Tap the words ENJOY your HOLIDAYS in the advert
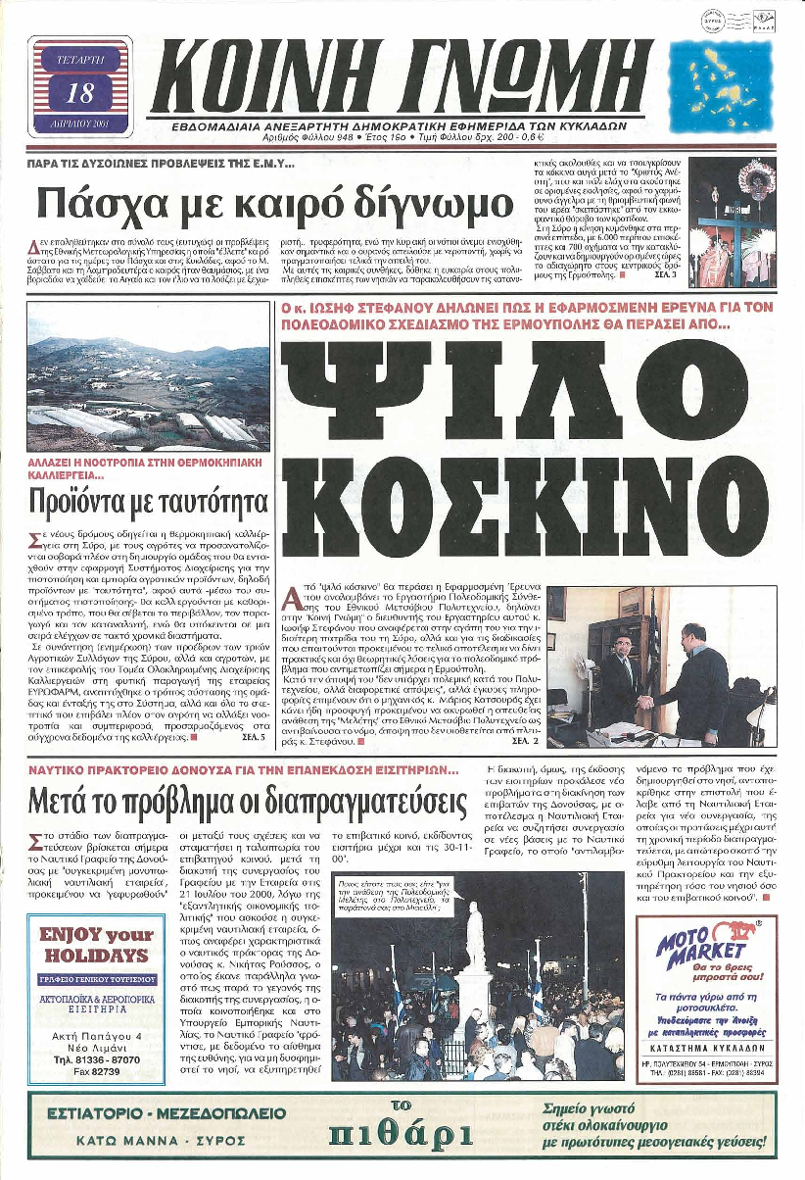94,945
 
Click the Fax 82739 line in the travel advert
96,1072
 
